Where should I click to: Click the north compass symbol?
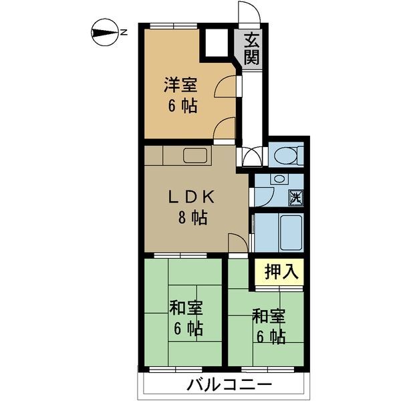(103, 31)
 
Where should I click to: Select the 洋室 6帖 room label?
(182, 96)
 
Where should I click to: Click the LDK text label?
(190, 196)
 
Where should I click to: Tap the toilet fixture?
(287, 155)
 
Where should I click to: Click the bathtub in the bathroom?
(290, 231)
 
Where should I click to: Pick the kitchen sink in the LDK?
(196, 156)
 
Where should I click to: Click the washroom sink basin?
(279, 180)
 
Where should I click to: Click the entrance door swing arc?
(247, 14)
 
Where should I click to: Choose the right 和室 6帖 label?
(268, 324)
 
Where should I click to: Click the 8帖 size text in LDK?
(190, 217)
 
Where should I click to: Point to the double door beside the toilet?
(253, 156)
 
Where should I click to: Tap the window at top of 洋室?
(171, 26)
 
